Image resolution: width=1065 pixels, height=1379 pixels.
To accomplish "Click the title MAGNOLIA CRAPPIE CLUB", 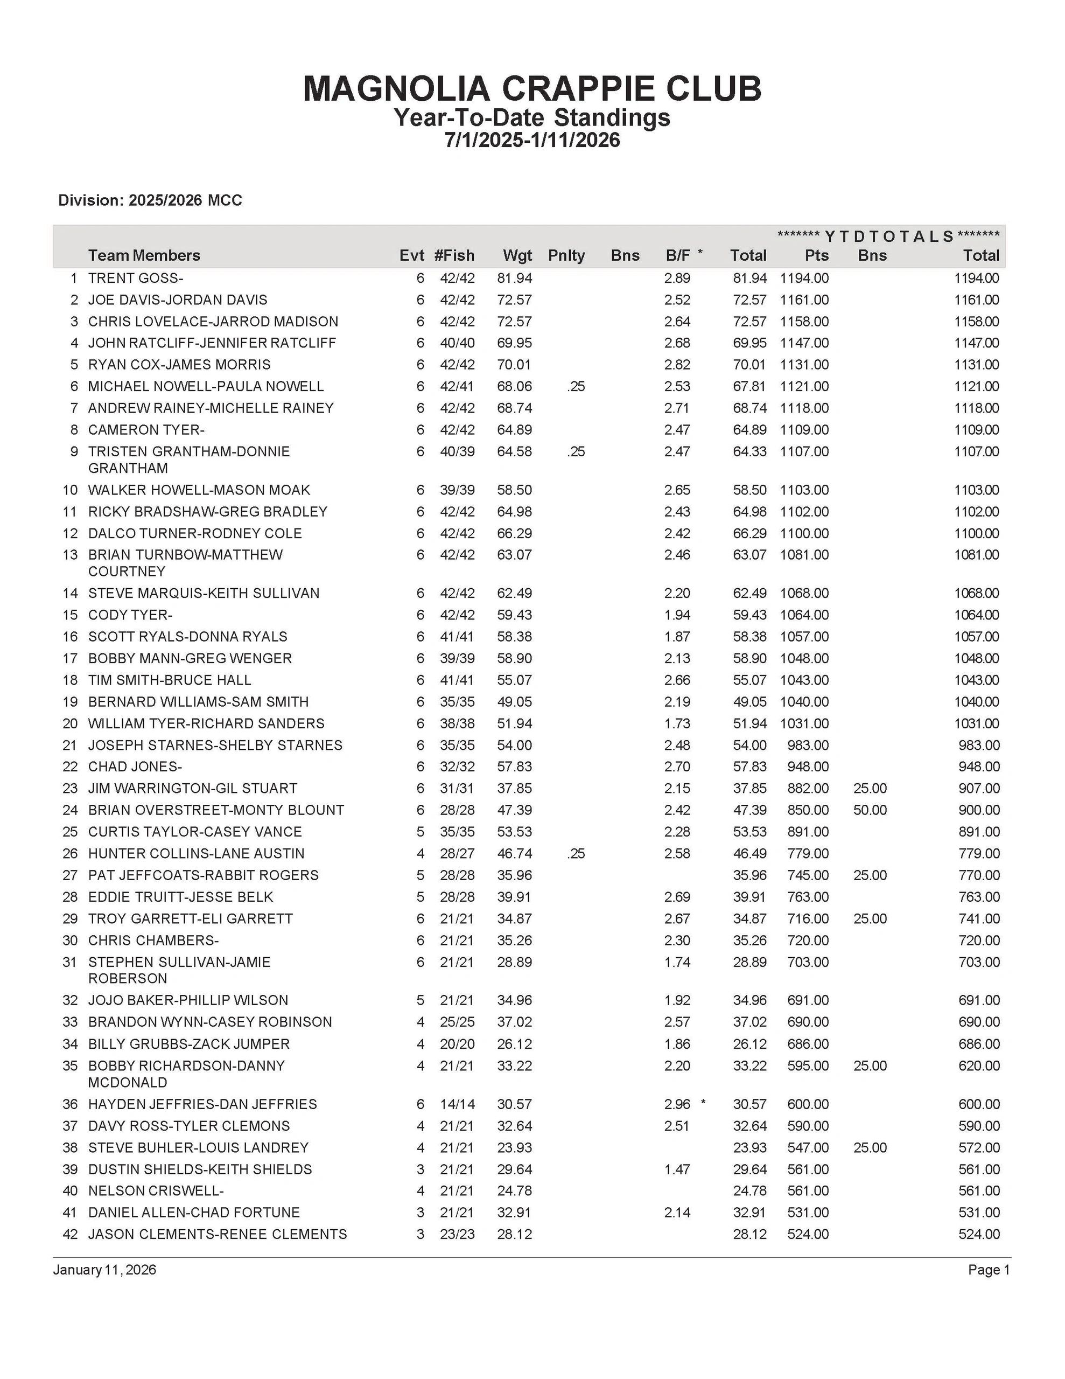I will [x=532, y=88].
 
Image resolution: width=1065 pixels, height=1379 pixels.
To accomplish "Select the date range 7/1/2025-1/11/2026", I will [x=532, y=140].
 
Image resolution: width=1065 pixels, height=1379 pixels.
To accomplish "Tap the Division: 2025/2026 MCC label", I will [x=150, y=200].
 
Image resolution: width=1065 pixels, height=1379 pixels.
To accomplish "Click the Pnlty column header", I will [x=566, y=256].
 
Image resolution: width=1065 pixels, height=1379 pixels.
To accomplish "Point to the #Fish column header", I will [x=454, y=256].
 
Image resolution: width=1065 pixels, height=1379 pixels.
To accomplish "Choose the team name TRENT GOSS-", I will [x=136, y=278].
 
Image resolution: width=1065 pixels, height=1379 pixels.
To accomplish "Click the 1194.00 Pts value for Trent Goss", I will [x=804, y=278].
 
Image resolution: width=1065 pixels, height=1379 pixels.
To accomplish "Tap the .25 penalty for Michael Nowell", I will [x=576, y=386].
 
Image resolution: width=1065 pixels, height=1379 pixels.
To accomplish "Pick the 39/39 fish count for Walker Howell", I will [x=457, y=490].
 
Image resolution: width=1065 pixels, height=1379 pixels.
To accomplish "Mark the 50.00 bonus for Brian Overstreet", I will [x=870, y=810].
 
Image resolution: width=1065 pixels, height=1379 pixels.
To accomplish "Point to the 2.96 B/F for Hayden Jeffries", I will [x=677, y=1104].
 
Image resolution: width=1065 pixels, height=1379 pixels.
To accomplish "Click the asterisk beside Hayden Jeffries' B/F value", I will [x=703, y=1103].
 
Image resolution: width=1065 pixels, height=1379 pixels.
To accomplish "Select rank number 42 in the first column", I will [x=69, y=1235].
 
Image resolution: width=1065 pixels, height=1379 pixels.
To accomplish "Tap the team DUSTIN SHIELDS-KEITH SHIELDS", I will [x=200, y=1169].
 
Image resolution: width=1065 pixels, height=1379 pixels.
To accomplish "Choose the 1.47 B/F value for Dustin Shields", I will [x=677, y=1169].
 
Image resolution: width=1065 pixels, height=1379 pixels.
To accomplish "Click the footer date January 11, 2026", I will [x=105, y=1270].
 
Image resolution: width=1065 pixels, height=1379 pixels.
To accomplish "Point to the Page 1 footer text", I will [x=989, y=1270].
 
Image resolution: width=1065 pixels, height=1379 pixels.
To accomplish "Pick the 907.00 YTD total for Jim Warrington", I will [x=978, y=789].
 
